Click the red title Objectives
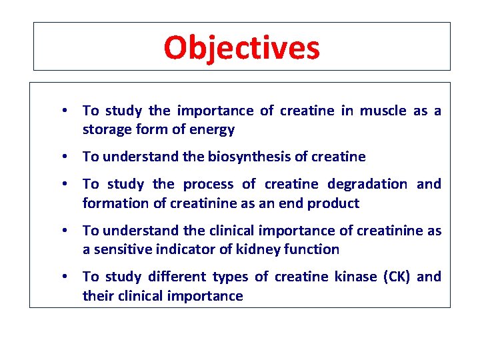click(241, 47)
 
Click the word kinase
click(356, 277)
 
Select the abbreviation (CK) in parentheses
click(398, 277)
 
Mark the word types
click(231, 277)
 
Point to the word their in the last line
click(98, 296)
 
